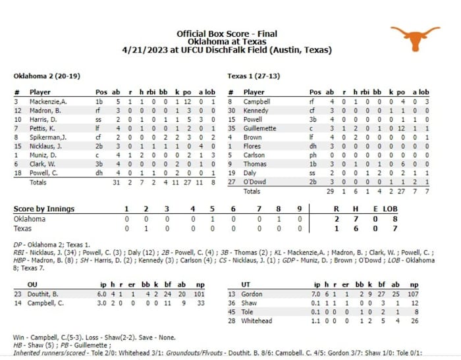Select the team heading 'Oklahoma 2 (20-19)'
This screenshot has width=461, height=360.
(47, 76)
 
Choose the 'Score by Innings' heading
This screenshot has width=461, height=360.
(44, 209)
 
